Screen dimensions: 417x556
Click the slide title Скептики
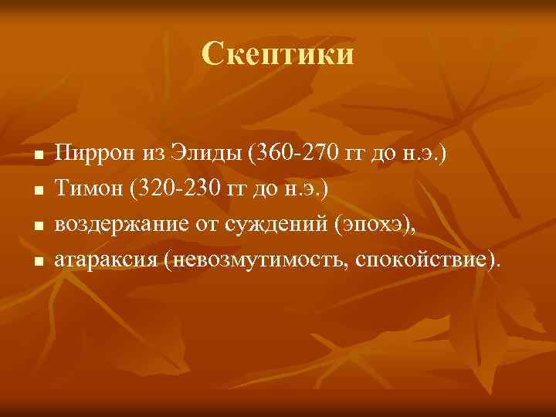[278, 54]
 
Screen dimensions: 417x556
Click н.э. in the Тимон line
[313, 186]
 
